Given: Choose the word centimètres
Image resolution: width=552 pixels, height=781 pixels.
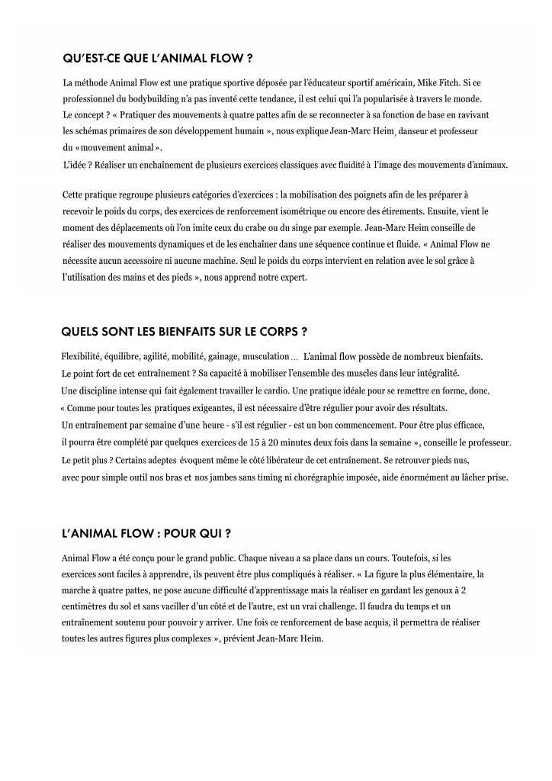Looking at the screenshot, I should click(89, 606).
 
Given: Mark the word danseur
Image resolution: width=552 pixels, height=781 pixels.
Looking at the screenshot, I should click(416, 131).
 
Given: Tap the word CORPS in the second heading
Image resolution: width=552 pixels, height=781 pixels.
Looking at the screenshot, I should click(274, 332).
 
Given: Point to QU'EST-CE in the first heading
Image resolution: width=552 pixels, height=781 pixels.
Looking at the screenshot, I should click(91, 58).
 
